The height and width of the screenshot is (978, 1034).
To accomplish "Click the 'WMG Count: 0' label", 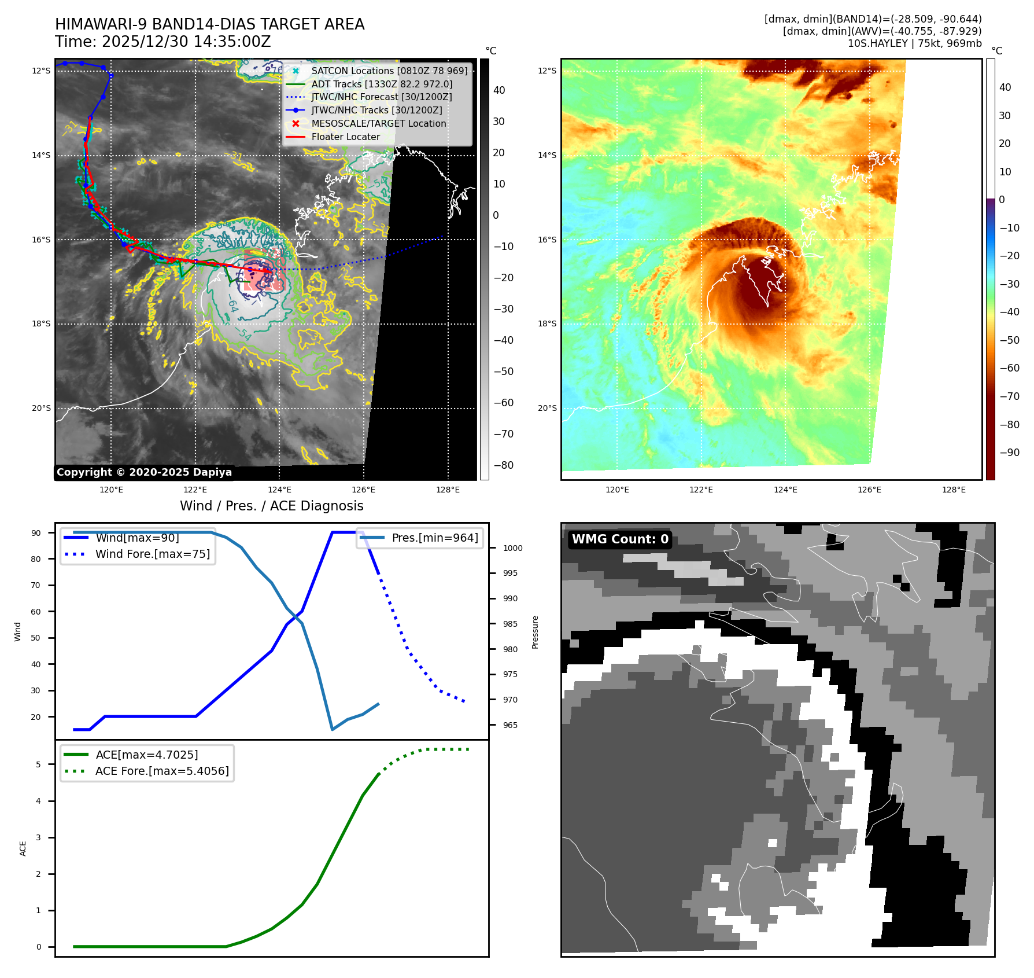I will [620, 539].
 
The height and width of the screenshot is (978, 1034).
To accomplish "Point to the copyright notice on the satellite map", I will [144, 472].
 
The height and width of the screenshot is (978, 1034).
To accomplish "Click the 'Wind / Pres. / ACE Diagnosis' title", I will [271, 506].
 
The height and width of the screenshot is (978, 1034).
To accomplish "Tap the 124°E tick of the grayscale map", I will [279, 490].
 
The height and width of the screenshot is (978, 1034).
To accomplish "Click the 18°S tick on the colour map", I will [547, 323].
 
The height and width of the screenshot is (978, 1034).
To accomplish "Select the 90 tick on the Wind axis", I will [36, 533].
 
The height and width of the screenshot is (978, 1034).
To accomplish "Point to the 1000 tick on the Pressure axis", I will [512, 548].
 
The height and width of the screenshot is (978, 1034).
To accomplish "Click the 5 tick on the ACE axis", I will [38, 764].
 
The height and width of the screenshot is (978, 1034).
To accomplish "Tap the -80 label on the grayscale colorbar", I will [503, 465].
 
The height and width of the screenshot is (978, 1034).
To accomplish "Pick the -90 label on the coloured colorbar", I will [1009, 453].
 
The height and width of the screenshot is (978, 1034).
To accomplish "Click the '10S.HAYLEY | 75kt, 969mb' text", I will [914, 43].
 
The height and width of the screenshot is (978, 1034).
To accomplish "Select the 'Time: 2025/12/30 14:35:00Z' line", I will [163, 42].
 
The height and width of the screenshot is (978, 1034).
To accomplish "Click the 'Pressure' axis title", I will [535, 632].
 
